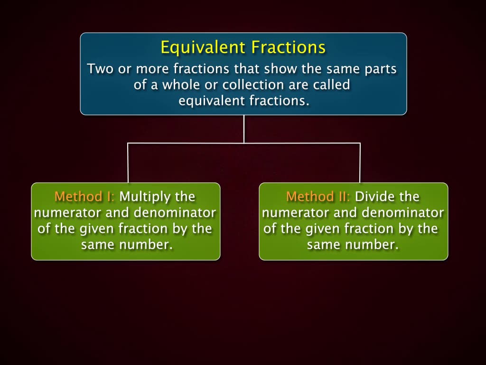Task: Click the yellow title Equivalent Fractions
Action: pyautogui.click(x=243, y=48)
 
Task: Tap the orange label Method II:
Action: pyautogui.click(x=318, y=196)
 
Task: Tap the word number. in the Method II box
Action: pyautogui.click(x=374, y=245)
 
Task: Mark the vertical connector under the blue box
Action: pyautogui.click(x=244, y=128)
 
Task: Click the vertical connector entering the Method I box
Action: pyautogui.click(x=128, y=163)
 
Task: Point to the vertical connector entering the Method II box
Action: pyautogui.click(x=360, y=163)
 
